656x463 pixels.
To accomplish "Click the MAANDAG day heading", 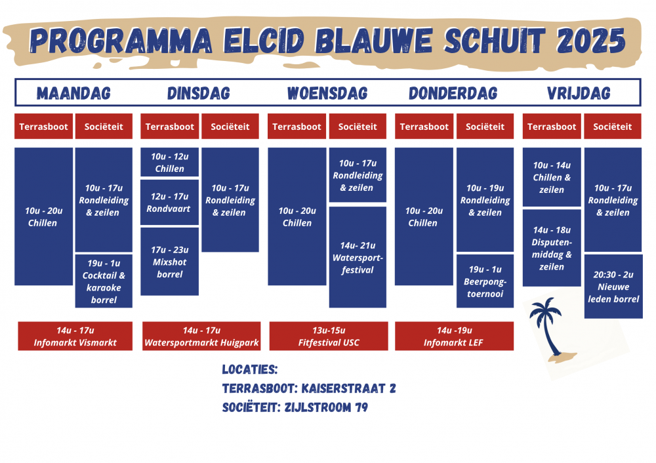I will point(73,93).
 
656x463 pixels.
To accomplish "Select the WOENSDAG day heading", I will point(327,93).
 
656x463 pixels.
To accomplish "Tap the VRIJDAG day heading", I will point(579,93).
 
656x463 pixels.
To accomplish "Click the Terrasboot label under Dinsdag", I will point(170,127).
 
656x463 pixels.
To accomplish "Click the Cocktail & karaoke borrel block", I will point(104,281).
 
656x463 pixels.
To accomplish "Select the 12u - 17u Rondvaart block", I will point(170,203).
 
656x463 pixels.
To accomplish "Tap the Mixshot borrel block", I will point(170,262).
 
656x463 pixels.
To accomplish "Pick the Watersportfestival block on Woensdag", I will point(358,257).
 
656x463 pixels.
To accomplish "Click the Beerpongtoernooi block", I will point(485,281).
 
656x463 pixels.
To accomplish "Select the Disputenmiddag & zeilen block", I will point(552,248).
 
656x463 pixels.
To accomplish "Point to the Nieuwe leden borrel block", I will point(613,287).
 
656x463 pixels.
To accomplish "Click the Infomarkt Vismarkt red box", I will point(75,336).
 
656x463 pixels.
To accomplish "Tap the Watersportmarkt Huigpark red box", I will point(201,336).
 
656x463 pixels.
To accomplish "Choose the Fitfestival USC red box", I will point(329,336).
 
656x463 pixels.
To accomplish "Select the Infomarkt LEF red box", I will point(454,336).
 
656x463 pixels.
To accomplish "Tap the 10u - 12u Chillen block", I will point(170,162).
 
